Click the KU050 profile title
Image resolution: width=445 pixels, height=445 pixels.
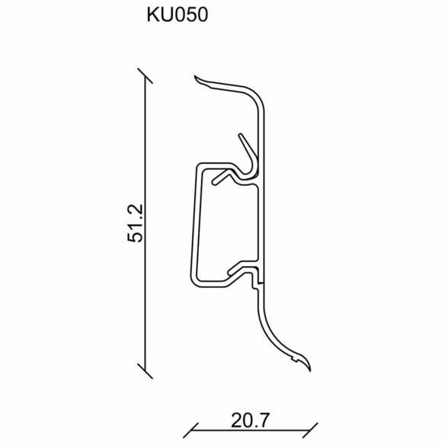pyautogui.click(x=178, y=14)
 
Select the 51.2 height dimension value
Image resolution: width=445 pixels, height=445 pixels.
pyautogui.click(x=136, y=223)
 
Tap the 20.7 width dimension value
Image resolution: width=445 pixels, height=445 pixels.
pyautogui.click(x=249, y=421)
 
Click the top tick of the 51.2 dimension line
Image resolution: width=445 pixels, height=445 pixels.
pyautogui.click(x=145, y=75)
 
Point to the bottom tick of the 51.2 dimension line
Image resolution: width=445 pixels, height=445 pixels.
pyautogui.click(x=145, y=371)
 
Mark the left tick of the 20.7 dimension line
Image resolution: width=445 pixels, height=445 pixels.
pyautogui.click(x=190, y=431)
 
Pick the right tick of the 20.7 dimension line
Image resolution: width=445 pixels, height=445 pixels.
pyautogui.click(x=310, y=431)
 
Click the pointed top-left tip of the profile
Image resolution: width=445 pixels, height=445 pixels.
pyautogui.click(x=195, y=76)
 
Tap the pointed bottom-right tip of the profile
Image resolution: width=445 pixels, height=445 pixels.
pyautogui.click(x=310, y=370)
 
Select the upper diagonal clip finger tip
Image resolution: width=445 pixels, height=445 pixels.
pyautogui.click(x=240, y=135)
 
